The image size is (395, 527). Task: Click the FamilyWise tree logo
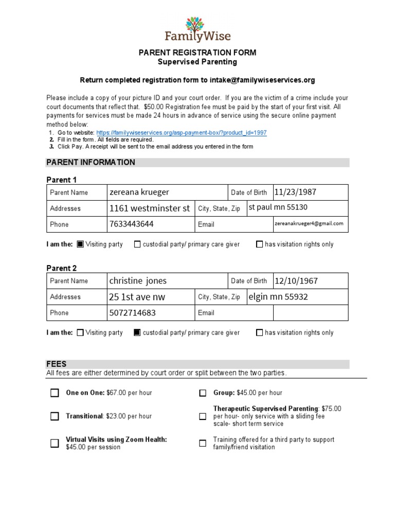click(197, 24)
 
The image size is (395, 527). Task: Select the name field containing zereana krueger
click(139, 192)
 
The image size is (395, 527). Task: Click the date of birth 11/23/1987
click(295, 192)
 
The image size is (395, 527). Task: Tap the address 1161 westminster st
click(150, 208)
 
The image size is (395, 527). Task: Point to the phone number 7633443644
click(131, 224)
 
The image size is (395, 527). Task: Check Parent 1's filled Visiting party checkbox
click(80, 244)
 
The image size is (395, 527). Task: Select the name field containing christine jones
click(138, 281)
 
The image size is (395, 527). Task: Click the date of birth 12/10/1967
click(296, 281)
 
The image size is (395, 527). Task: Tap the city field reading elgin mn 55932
click(278, 297)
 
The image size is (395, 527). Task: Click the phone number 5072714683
click(132, 313)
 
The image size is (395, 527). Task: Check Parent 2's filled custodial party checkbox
click(137, 333)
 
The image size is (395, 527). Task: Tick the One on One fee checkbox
click(55, 393)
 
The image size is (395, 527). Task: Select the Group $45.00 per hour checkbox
click(203, 393)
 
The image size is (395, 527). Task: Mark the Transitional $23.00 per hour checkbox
click(55, 416)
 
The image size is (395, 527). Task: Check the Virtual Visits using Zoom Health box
click(55, 443)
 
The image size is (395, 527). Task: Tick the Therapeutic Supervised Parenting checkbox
click(203, 416)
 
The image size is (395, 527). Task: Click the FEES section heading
click(57, 364)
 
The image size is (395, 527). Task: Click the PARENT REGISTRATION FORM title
click(197, 53)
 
